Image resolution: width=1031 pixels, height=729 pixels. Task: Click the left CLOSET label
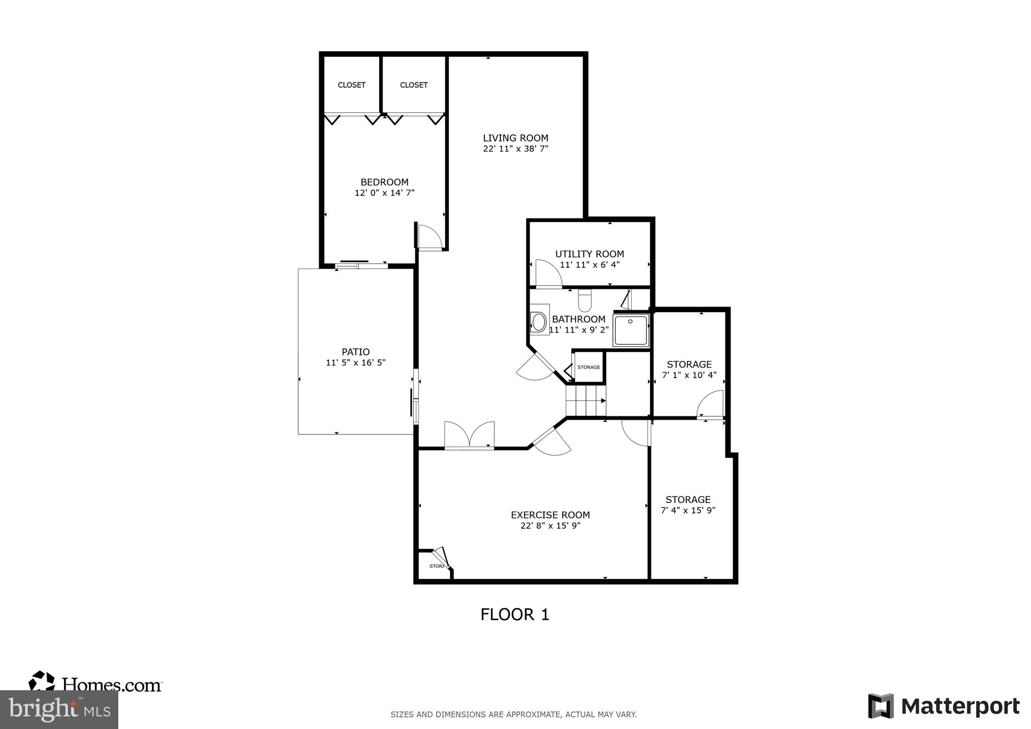click(351, 85)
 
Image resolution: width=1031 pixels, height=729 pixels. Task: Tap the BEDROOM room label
click(384, 182)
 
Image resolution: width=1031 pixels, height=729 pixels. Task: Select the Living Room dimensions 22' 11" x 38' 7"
click(515, 149)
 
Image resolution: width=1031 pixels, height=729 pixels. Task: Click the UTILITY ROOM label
click(590, 254)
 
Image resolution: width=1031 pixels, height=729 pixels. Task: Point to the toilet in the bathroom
click(584, 301)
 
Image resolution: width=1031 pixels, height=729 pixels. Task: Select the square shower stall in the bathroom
click(631, 330)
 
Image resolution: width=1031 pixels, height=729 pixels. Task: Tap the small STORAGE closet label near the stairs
click(588, 367)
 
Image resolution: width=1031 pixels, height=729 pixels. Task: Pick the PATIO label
click(355, 352)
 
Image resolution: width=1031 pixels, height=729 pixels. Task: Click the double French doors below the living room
click(469, 435)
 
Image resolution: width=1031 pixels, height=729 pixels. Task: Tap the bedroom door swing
click(429, 237)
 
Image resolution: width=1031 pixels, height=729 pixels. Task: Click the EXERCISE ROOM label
click(550, 515)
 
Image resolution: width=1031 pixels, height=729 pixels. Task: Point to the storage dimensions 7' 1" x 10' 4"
click(689, 375)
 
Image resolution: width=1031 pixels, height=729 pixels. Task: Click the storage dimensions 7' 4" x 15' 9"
click(688, 510)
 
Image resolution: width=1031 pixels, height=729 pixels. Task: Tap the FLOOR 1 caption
click(514, 614)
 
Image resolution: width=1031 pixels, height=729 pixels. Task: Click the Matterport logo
click(943, 706)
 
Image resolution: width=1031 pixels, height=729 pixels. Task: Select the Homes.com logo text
click(112, 685)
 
